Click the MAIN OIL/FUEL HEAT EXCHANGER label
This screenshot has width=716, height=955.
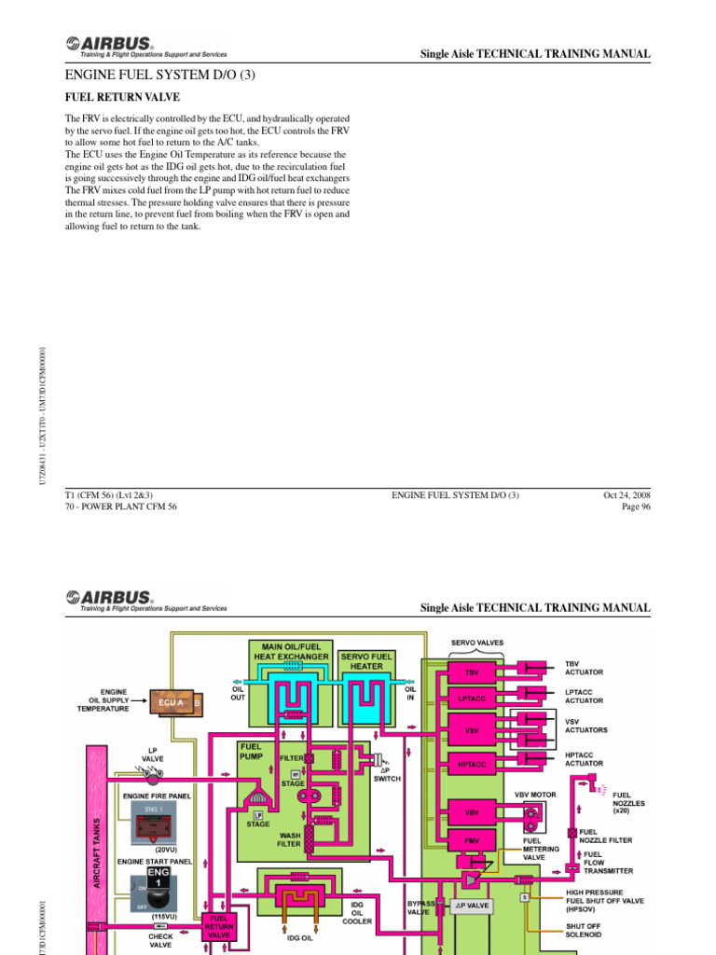[292, 650]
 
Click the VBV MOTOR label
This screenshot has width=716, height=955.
[535, 795]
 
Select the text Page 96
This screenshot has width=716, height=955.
[633, 506]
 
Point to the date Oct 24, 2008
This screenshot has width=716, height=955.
[627, 494]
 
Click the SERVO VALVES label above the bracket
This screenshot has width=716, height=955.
[477, 643]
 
